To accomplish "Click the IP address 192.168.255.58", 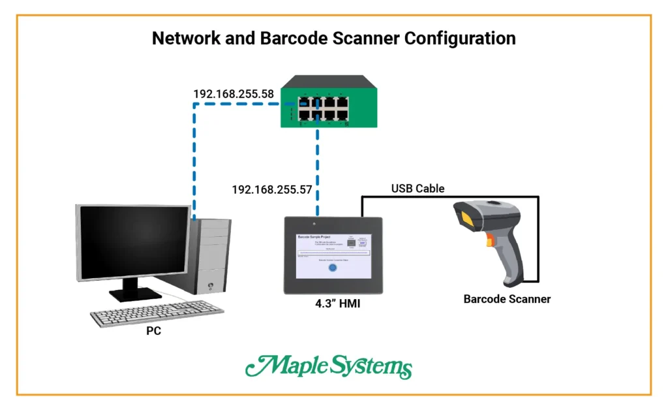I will pyautogui.click(x=233, y=94).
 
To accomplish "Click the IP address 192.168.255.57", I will pyautogui.click(x=272, y=190).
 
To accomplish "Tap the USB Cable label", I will pyautogui.click(x=417, y=189).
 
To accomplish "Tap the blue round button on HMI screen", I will pyautogui.click(x=331, y=268).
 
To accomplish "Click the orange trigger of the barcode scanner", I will pyautogui.click(x=489, y=244).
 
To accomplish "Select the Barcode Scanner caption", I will pyautogui.click(x=507, y=299).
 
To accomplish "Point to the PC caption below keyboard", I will pyautogui.click(x=153, y=331).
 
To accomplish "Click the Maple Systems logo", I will pyautogui.click(x=329, y=368).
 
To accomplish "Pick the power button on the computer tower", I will pyautogui.click(x=210, y=285).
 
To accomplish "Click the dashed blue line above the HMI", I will pyautogui.click(x=318, y=170).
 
